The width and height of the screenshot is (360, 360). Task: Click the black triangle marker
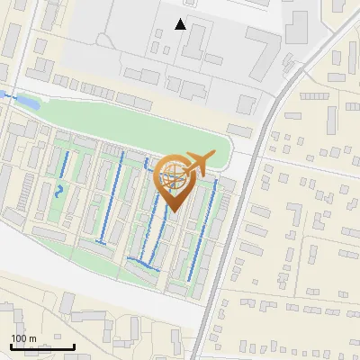[x=181, y=24]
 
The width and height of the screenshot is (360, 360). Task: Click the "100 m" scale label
[x=23, y=338]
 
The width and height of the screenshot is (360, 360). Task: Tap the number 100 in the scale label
[x=19, y=338]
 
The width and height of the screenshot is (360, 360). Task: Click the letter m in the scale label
[x=32, y=338]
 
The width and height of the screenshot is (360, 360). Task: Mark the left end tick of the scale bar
[x=12, y=346]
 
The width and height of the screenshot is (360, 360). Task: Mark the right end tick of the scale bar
[x=74, y=346]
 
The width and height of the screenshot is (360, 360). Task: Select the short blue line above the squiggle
[x=66, y=164]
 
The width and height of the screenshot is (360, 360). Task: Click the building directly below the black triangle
[x=197, y=40]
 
